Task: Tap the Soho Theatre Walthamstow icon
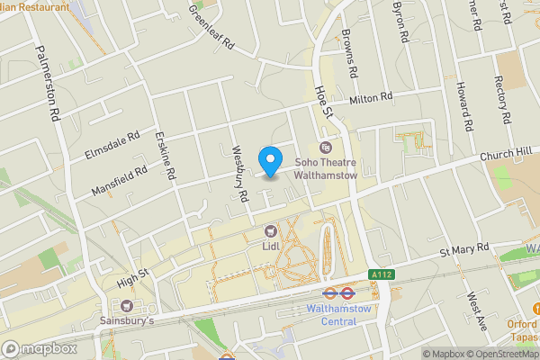point(326,147)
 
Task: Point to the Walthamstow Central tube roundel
point(333,292)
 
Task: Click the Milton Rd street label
point(372,97)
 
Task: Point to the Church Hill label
point(506,156)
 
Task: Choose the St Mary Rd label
point(463,247)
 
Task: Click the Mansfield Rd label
point(119,181)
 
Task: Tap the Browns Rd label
point(349,56)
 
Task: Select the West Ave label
point(475,311)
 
